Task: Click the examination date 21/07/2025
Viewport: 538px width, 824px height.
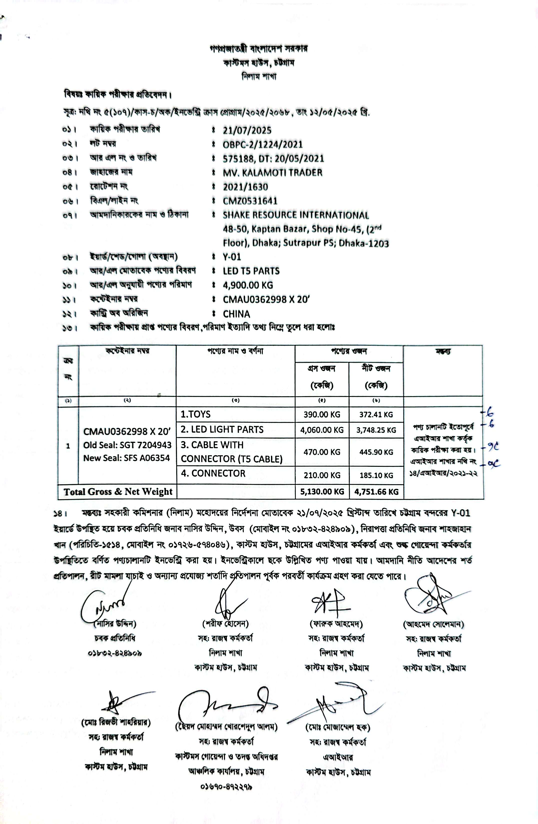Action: tap(247, 131)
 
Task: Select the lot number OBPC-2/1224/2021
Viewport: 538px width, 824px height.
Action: tap(262, 144)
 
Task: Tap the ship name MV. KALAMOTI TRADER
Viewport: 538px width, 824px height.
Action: tap(272, 172)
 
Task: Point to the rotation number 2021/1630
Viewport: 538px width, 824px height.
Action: tap(245, 187)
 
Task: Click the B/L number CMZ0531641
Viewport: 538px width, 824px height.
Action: tap(250, 201)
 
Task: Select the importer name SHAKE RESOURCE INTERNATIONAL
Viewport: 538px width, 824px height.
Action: tap(295, 215)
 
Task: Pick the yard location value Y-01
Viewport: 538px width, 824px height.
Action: tap(232, 257)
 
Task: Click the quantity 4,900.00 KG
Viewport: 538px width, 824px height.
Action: tap(248, 285)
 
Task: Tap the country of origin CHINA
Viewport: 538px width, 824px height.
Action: tap(236, 314)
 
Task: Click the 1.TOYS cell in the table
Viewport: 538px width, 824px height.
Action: tap(196, 414)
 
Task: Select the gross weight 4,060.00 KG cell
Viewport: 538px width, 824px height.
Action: tap(322, 430)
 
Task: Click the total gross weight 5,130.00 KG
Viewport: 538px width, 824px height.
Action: tap(322, 492)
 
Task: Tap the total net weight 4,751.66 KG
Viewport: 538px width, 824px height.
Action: tap(376, 492)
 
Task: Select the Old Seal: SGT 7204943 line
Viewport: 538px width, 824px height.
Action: tap(127, 445)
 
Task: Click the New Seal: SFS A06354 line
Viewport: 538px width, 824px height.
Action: tap(126, 458)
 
